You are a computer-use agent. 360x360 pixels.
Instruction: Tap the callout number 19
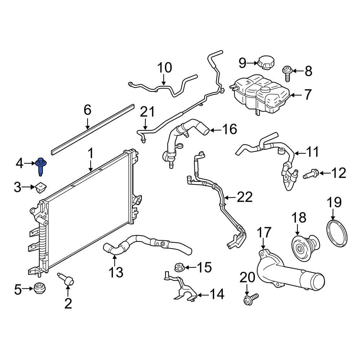pyautogui.click(x=334, y=203)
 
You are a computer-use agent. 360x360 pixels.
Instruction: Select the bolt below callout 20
pyautogui.click(x=251, y=298)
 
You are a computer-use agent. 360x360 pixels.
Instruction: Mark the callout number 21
pyautogui.click(x=147, y=112)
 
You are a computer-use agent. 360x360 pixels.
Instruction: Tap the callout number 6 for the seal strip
pyautogui.click(x=87, y=110)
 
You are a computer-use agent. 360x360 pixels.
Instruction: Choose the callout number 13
pyautogui.click(x=116, y=272)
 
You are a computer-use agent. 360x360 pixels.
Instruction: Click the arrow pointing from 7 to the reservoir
pyautogui.click(x=296, y=95)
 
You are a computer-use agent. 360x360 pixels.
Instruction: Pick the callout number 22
pyautogui.click(x=244, y=197)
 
